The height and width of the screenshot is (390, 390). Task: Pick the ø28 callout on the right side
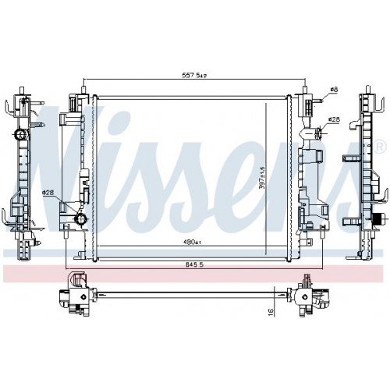(x=334, y=119)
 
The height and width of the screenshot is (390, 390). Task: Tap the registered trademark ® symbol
(x=380, y=147)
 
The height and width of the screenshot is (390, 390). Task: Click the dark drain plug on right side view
(x=380, y=219)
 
